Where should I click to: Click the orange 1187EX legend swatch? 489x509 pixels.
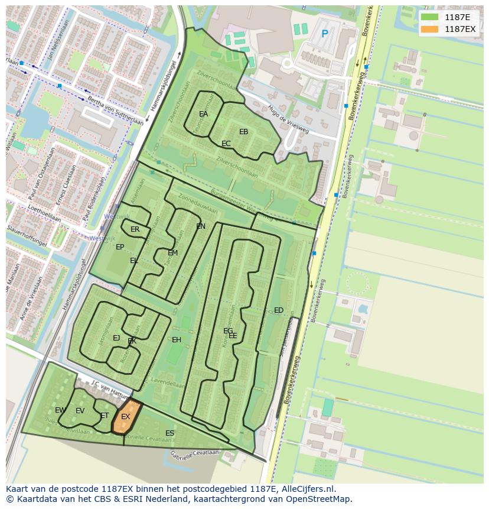click(431, 29)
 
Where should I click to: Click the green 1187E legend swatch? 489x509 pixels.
click(431, 18)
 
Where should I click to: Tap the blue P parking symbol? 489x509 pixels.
click(324, 34)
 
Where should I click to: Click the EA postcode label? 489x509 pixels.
click(203, 114)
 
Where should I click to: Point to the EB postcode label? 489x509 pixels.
click(243, 132)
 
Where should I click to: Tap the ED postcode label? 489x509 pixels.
click(279, 310)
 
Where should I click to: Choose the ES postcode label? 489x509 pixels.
click(169, 433)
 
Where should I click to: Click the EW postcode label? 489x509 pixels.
click(60, 410)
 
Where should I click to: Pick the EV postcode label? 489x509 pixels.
click(80, 411)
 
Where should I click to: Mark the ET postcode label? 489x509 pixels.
click(105, 416)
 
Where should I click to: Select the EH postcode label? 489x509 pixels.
click(177, 340)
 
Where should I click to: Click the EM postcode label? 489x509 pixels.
click(172, 253)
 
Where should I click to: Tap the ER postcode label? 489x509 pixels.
click(135, 229)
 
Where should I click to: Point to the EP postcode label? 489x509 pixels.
click(120, 247)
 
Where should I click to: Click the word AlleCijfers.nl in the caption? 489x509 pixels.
click(307, 489)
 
